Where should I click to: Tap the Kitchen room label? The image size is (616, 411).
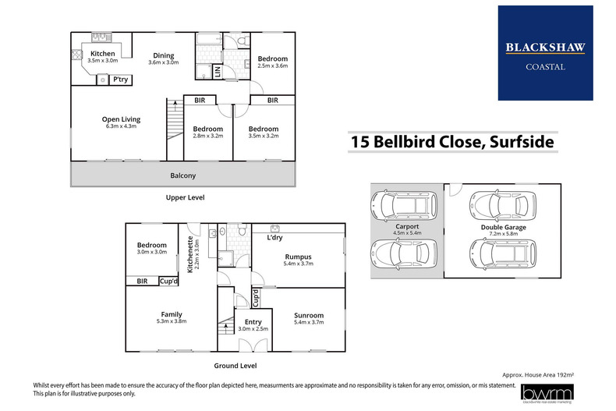pyautogui.click(x=102, y=53)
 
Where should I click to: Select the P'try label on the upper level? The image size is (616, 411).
pyautogui.click(x=121, y=80)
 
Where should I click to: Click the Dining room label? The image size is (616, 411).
pyautogui.click(x=163, y=56)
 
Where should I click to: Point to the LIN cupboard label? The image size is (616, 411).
pyautogui.click(x=217, y=73)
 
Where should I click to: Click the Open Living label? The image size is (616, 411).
pyautogui.click(x=121, y=119)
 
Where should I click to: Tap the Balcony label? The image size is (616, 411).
pyautogui.click(x=184, y=175)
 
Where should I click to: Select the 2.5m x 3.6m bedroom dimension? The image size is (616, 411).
pyautogui.click(x=273, y=66)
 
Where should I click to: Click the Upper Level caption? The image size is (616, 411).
pyautogui.click(x=186, y=198)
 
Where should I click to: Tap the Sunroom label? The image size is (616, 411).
pyautogui.click(x=308, y=315)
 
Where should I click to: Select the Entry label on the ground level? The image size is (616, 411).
pyautogui.click(x=253, y=321)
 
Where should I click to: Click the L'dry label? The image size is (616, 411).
pyautogui.click(x=274, y=237)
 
